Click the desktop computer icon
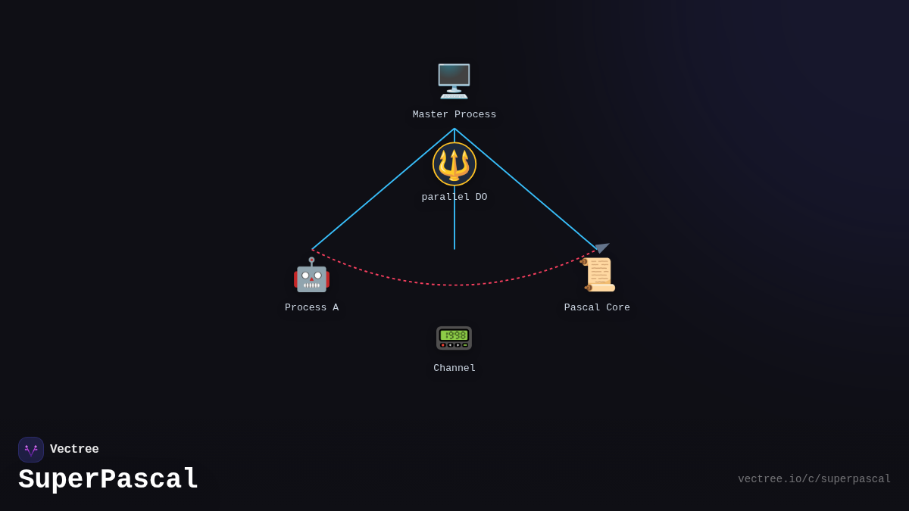(x=454, y=81)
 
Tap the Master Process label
(x=454, y=114)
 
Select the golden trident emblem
(x=454, y=164)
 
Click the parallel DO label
(x=454, y=197)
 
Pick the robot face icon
(x=311, y=275)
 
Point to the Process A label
(x=311, y=307)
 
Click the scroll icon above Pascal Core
(x=598, y=274)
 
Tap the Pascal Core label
(x=597, y=307)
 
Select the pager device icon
(x=454, y=338)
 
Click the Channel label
(x=454, y=368)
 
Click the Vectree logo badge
(x=31, y=450)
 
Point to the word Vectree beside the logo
(x=74, y=449)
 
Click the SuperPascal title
(x=108, y=480)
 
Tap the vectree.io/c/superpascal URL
(x=814, y=479)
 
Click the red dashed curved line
(x=454, y=285)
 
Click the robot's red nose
(x=311, y=279)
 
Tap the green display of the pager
(x=454, y=335)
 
